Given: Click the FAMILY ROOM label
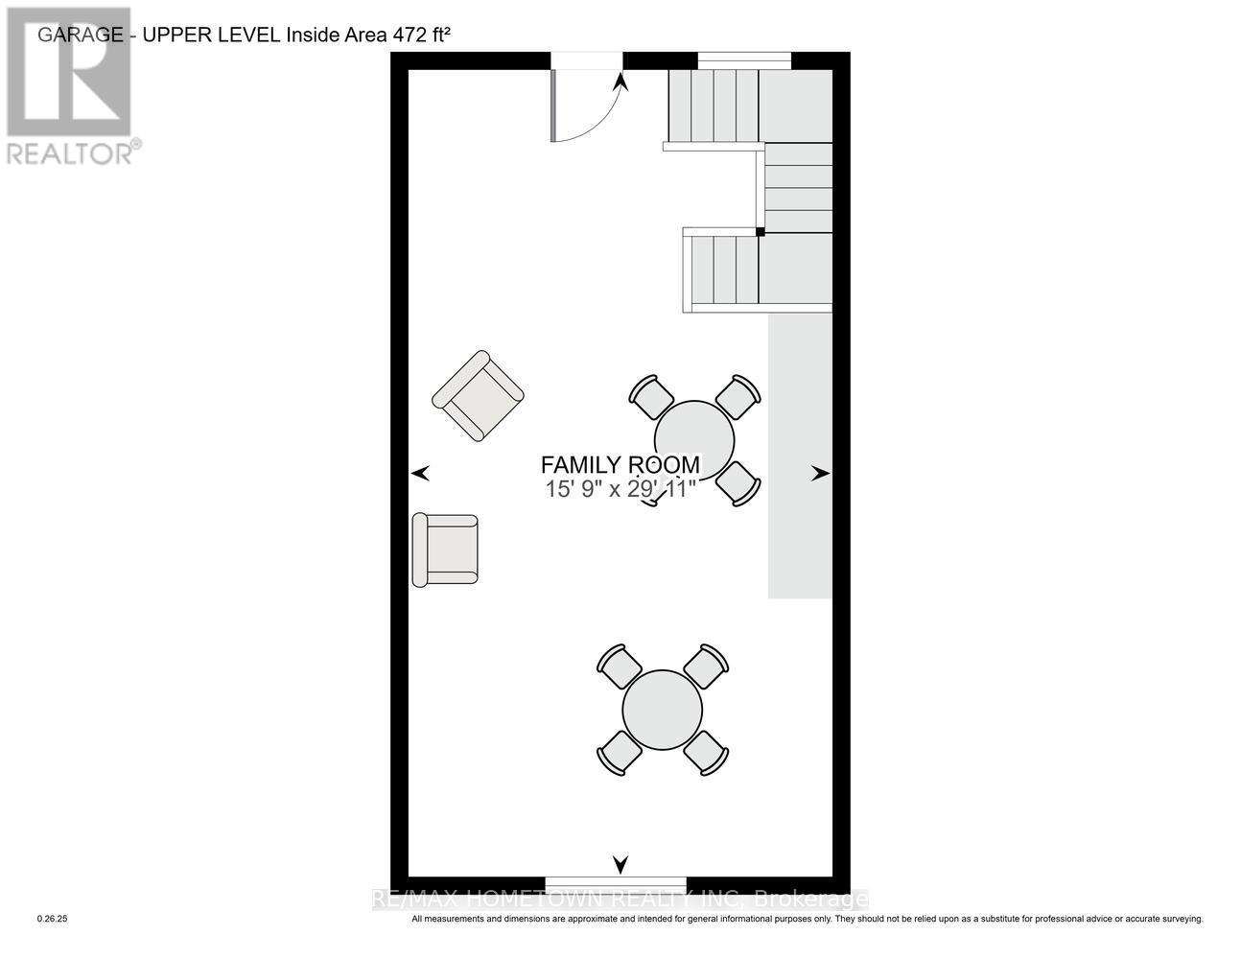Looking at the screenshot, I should (x=620, y=465).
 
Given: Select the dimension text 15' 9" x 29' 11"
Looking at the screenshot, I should (x=620, y=489).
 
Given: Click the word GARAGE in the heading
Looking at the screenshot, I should (x=81, y=35).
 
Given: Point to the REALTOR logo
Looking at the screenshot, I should (x=72, y=86).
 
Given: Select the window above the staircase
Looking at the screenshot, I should (x=744, y=60).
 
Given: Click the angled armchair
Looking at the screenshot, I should (x=478, y=396).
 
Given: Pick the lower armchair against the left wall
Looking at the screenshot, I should (x=445, y=550).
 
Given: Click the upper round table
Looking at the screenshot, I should (x=694, y=439).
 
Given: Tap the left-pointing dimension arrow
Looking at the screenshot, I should (x=420, y=473).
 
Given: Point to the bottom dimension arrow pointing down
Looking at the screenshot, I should (x=620, y=864).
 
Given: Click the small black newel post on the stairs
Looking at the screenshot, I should (x=760, y=231).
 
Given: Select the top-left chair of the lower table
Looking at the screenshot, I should (x=619, y=665).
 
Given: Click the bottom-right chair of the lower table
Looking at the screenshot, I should (x=707, y=753).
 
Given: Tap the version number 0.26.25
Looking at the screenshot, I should (x=53, y=919).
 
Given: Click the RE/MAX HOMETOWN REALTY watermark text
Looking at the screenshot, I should (x=620, y=900).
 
